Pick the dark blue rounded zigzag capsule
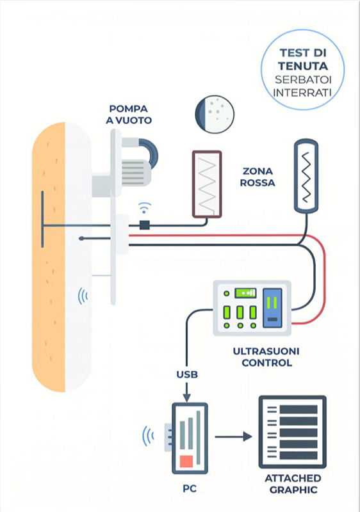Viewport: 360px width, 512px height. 307,177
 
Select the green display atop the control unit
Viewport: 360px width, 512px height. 245,293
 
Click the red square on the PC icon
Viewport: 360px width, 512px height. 186,461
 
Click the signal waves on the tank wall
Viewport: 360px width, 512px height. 83,296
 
